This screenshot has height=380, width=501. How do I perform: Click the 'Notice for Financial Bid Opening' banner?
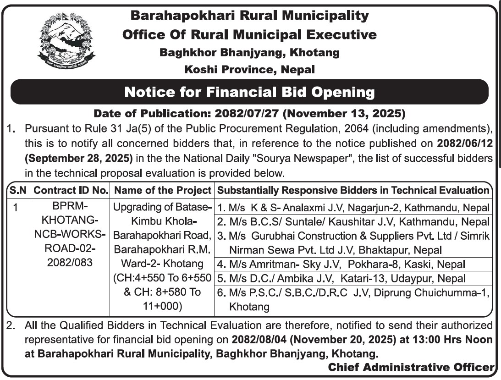[x=249, y=92]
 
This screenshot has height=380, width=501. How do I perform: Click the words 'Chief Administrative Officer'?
[x=411, y=367]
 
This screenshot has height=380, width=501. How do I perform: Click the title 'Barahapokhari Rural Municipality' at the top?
[x=249, y=16]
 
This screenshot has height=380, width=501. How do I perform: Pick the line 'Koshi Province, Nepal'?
[x=249, y=70]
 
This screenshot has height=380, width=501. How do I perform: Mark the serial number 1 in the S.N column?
[x=16, y=208]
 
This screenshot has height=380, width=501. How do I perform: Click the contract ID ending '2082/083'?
[x=70, y=263]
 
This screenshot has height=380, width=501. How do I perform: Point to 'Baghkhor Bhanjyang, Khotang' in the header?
[x=249, y=52]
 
